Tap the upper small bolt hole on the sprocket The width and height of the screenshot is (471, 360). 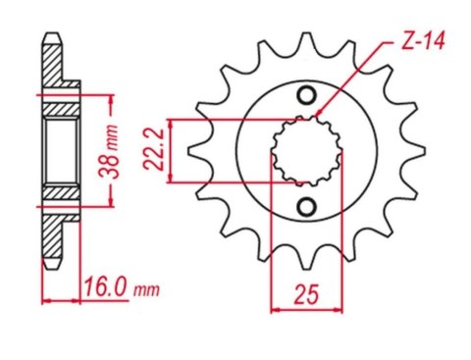click(305, 96)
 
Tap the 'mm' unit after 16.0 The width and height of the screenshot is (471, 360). click(145, 291)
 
